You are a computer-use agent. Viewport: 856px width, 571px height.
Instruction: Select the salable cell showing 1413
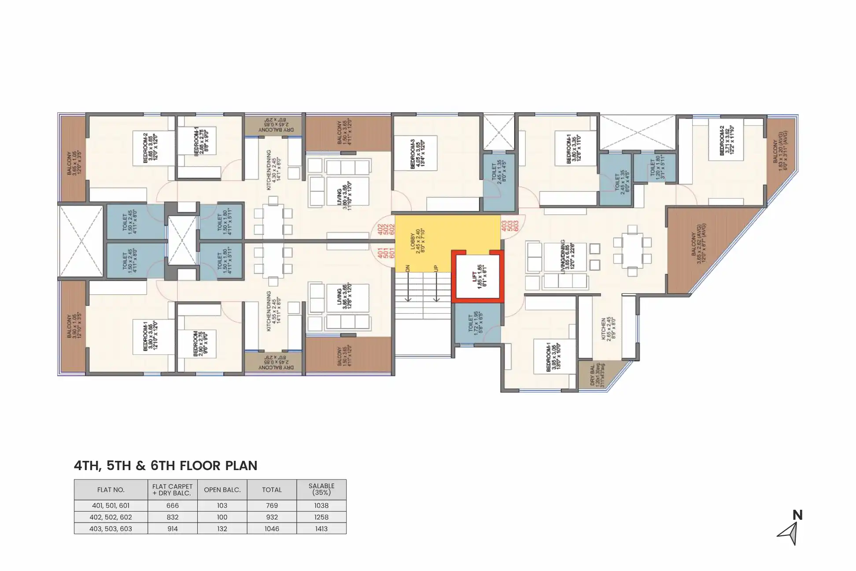pyautogui.click(x=321, y=528)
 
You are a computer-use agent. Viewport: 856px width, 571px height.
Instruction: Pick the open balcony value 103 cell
pyautogui.click(x=222, y=505)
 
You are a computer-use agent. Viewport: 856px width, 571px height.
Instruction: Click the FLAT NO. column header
pyautogui.click(x=111, y=489)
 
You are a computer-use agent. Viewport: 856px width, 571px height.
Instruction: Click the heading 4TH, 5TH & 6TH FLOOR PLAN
pyautogui.click(x=166, y=466)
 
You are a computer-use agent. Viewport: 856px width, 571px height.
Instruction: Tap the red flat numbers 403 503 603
pyautogui.click(x=510, y=226)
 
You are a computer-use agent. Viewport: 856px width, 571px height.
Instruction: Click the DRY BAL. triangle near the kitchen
pyautogui.click(x=599, y=375)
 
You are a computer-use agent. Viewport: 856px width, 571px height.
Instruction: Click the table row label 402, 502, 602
pyautogui.click(x=111, y=517)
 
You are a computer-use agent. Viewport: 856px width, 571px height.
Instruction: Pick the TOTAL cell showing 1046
pyautogui.click(x=272, y=528)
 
